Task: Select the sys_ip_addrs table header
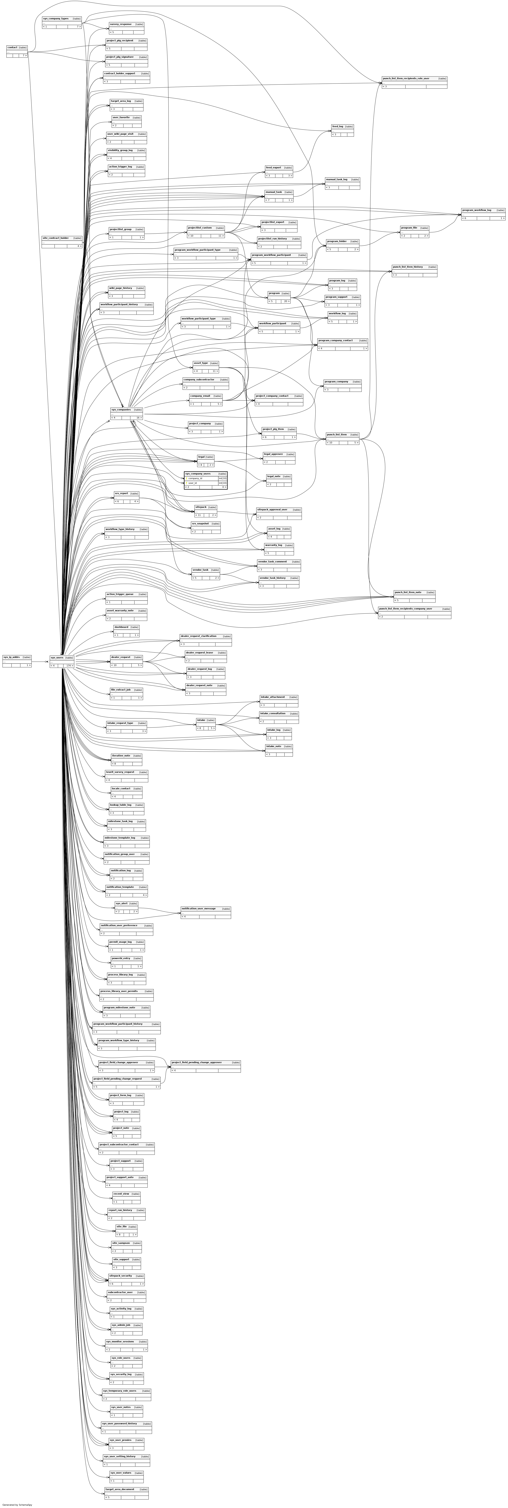12,657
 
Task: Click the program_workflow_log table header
476,210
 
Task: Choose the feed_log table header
337,126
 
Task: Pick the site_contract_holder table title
56,238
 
